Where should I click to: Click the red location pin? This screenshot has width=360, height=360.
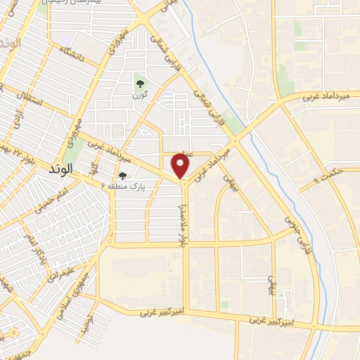[x=181, y=166]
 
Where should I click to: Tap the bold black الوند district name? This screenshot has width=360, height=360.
[x=61, y=170]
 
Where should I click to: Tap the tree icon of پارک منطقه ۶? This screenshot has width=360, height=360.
[x=123, y=176]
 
